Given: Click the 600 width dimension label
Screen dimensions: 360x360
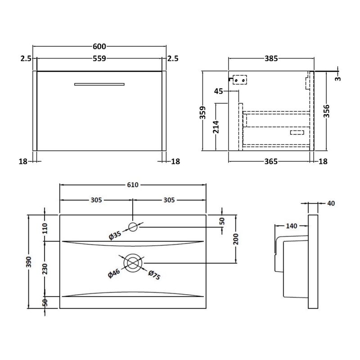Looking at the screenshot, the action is (99, 47).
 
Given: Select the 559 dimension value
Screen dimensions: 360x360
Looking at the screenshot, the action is (99, 58).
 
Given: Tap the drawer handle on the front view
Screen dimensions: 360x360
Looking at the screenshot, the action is (99, 84).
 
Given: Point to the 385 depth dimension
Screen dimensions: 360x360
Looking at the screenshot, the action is (271, 58).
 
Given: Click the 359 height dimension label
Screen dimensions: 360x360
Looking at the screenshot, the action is (202, 112).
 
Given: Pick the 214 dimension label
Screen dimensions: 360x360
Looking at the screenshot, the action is (216, 127).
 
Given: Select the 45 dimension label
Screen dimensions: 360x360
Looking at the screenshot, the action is (218, 91).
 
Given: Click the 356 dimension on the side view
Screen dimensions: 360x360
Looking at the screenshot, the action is (326, 111).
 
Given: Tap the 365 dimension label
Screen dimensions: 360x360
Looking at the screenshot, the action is (271, 162).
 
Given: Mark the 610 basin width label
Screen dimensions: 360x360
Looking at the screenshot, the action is (133, 185).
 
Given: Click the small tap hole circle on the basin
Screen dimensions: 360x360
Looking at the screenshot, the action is (133, 227).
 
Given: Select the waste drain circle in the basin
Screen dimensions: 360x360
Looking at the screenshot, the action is (133, 263).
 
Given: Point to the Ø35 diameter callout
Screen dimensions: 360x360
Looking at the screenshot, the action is (115, 235).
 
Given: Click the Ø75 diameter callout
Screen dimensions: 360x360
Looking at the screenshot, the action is (154, 275).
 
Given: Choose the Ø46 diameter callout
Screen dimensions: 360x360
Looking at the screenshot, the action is (114, 273).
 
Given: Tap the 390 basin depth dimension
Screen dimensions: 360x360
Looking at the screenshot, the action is (29, 262).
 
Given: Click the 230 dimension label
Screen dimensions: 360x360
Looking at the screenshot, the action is (45, 269).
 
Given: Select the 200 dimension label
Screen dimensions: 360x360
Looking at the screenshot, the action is (236, 239).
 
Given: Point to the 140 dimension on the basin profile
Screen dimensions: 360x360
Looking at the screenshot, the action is (291, 226).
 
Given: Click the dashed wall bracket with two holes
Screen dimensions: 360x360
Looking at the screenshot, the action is (240, 80).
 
